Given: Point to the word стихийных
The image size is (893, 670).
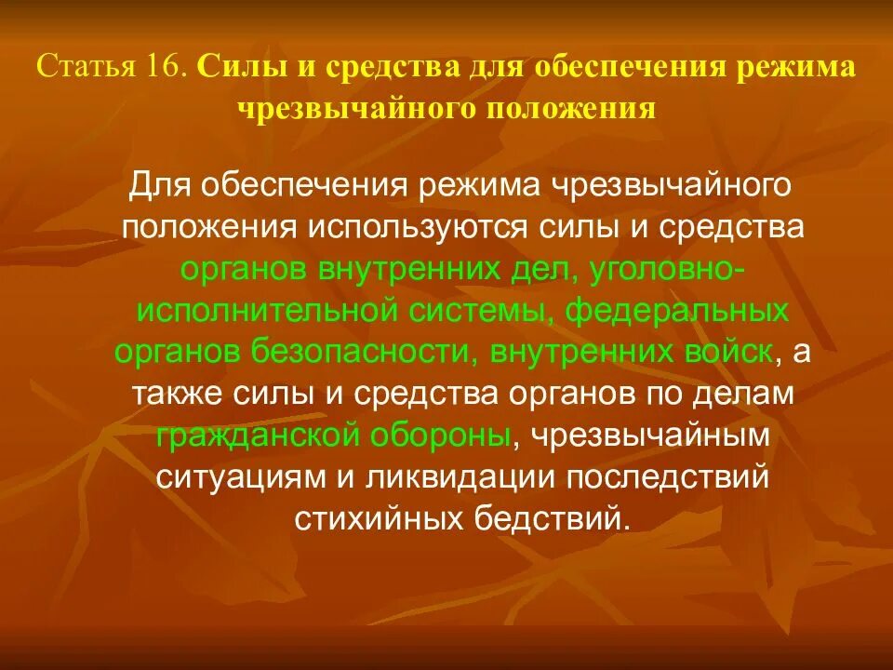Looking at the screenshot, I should coord(379,517).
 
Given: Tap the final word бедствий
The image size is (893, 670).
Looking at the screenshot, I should coord(545,517).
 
